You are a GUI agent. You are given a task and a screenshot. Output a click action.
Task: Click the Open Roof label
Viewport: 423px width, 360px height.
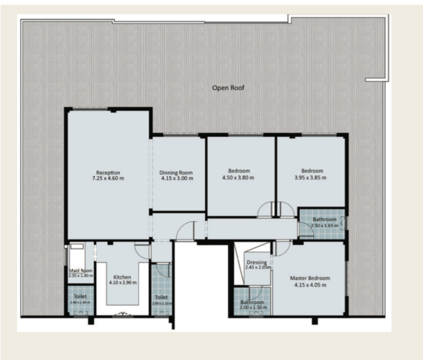coord(228,88)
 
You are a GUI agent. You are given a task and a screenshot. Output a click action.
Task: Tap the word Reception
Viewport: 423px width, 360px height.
coord(108,172)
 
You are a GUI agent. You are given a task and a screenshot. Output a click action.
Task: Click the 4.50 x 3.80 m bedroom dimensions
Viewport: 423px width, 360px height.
coord(238,178)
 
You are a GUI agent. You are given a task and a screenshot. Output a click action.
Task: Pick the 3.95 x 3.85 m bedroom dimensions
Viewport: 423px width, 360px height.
coord(310,178)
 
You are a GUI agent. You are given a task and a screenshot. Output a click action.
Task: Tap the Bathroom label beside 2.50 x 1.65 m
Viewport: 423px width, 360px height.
coord(324,220)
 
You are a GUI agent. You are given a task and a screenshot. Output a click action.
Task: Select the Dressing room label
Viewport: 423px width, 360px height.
coord(256,262)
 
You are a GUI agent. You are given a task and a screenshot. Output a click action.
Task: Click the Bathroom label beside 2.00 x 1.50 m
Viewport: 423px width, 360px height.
coord(252,302)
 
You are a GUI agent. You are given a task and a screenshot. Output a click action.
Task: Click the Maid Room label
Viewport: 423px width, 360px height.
coord(81,270)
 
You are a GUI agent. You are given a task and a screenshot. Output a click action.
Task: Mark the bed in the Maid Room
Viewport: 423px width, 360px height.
coord(77,246)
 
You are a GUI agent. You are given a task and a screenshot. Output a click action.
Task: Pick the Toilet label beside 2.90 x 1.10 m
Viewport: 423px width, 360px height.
coord(161,297)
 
